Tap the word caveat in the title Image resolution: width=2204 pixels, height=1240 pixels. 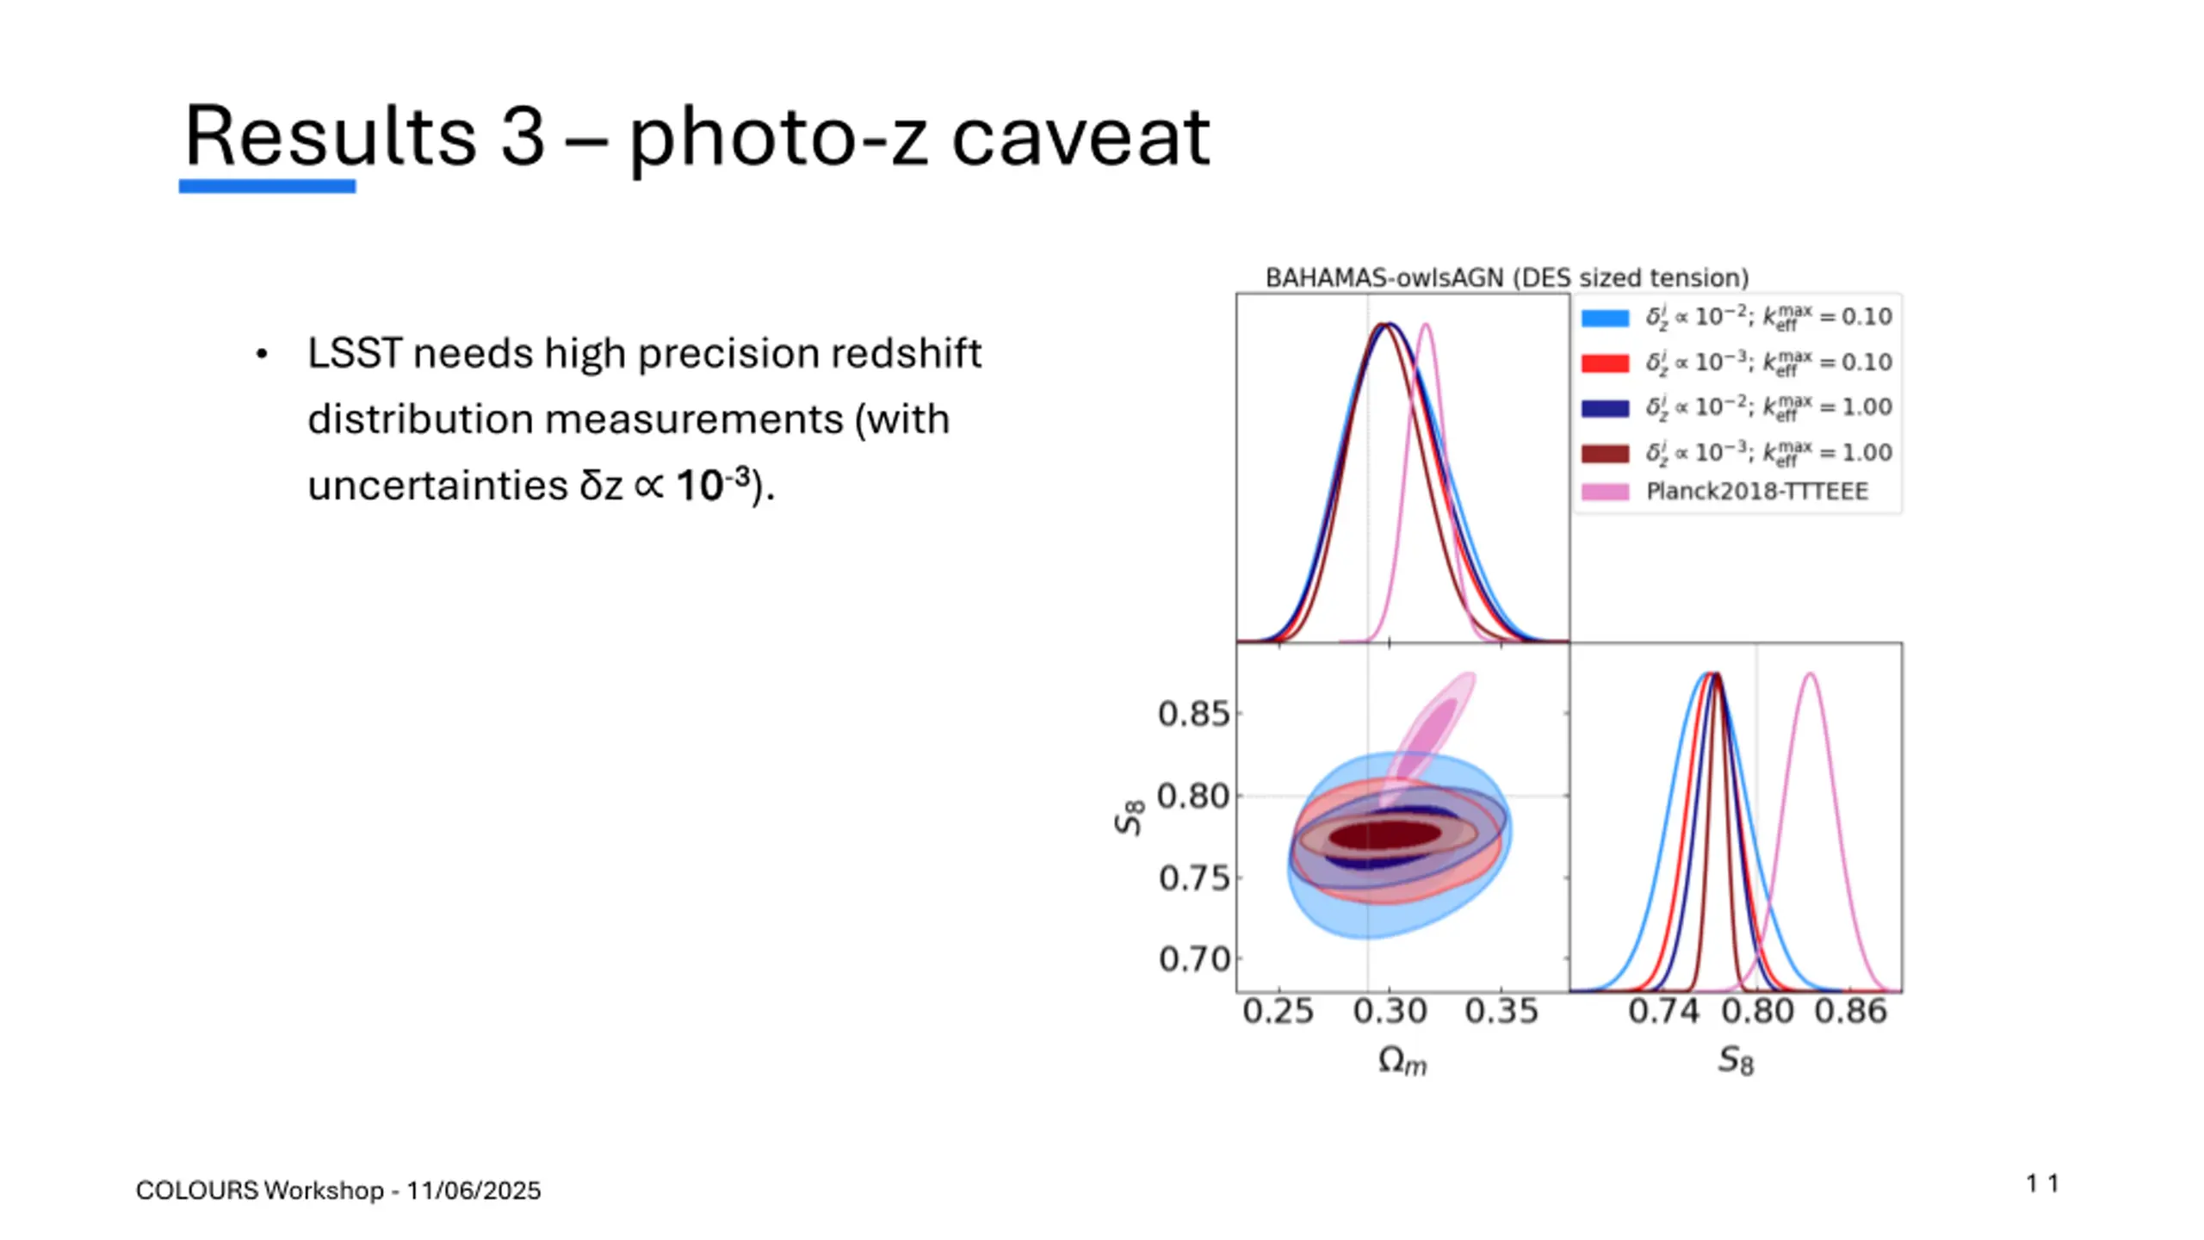(1080, 138)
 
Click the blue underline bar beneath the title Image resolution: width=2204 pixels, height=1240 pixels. (267, 186)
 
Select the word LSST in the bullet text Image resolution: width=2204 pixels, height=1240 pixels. (354, 353)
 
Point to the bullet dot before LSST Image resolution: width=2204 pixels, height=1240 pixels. (262, 354)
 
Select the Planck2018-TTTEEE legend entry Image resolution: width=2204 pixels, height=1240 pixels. (1756, 492)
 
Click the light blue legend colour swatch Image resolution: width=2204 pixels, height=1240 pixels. (1605, 318)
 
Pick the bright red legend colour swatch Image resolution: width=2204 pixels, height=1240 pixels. (1605, 363)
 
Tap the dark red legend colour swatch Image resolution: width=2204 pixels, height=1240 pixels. (1605, 453)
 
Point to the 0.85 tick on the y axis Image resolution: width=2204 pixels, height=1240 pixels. (1193, 714)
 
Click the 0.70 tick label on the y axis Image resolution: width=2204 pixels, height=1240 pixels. (1193, 958)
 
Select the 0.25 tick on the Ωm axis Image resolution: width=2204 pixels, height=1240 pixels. (1278, 1011)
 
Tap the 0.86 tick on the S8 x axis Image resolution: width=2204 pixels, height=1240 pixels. (1851, 1011)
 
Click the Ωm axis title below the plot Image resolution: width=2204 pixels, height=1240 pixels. (1402, 1061)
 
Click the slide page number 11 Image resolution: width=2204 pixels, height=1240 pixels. (2042, 1184)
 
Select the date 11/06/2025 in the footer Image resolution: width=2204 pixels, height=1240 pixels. (474, 1191)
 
